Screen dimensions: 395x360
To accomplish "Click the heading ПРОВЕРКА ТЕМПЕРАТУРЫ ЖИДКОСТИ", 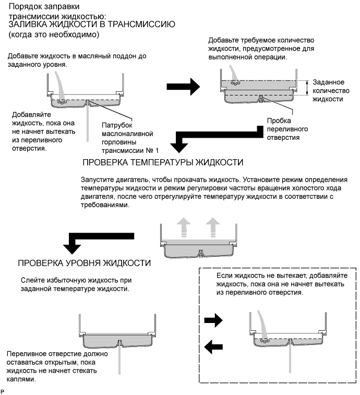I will click(163, 162).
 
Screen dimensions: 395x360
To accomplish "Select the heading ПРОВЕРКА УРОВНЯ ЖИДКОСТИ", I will click(85, 263).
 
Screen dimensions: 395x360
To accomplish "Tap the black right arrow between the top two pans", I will click(187, 87).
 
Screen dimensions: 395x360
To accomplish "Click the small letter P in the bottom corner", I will click(3, 390).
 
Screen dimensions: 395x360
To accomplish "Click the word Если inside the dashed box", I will click(223, 274).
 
